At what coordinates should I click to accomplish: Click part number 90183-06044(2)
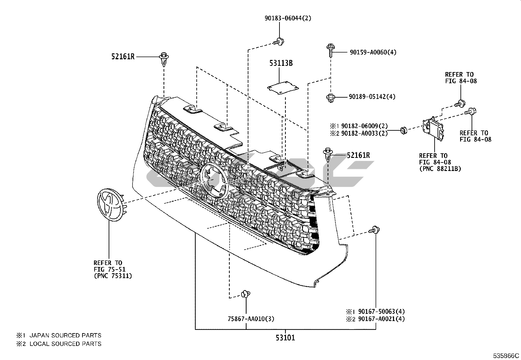click(288, 18)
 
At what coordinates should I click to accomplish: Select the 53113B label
click(281, 63)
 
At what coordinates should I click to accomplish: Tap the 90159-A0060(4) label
click(373, 52)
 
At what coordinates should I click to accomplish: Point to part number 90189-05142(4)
click(372, 97)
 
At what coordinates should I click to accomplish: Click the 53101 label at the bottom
click(285, 337)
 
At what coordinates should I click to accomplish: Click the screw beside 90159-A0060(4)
click(330, 51)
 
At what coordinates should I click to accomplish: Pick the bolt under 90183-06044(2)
click(278, 42)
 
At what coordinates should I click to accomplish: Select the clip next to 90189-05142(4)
click(330, 98)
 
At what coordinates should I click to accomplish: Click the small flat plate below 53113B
click(283, 87)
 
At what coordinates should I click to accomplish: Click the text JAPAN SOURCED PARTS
click(65, 335)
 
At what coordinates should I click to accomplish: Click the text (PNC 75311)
click(113, 276)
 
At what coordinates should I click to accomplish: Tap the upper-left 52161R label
click(123, 57)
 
